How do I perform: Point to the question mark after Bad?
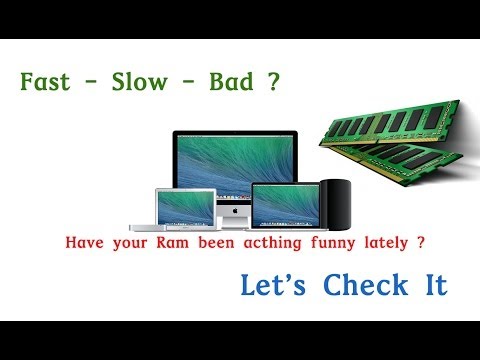coord(274,80)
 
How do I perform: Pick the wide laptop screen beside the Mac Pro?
coord(285,203)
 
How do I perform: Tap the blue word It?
coord(424,285)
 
